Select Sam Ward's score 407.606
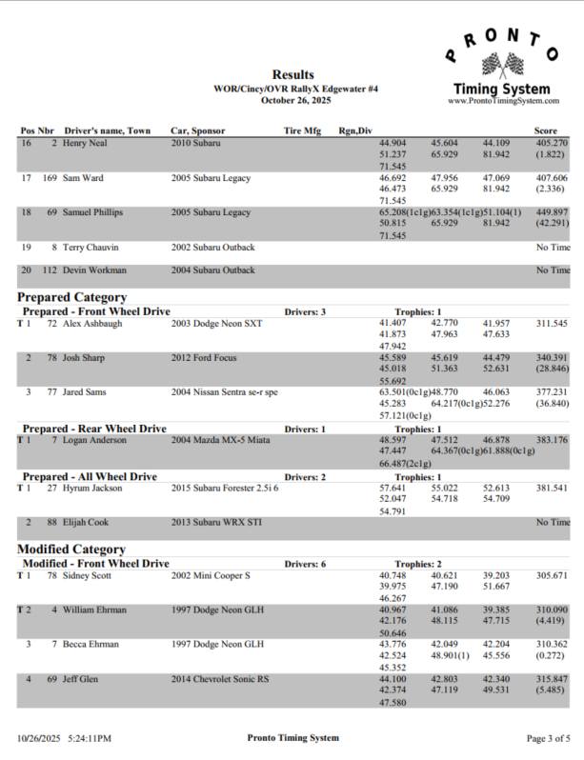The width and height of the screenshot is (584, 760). click(552, 178)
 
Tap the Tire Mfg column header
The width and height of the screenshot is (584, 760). click(303, 130)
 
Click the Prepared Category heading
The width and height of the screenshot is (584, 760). click(72, 297)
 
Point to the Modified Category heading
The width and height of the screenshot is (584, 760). click(71, 550)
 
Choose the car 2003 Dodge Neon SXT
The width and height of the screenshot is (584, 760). click(216, 324)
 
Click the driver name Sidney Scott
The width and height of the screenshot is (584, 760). click(91, 576)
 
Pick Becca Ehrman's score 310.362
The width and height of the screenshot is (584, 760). click(552, 645)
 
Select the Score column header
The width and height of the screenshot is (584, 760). click(546, 130)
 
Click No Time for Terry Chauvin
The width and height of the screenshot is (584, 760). click(554, 248)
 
